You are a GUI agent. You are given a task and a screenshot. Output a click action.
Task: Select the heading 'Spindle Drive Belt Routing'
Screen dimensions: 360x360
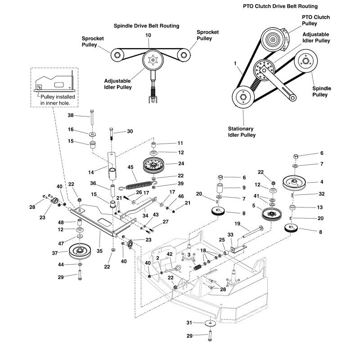147,26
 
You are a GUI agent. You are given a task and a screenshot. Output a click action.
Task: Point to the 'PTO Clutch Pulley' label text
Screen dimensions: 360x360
315,20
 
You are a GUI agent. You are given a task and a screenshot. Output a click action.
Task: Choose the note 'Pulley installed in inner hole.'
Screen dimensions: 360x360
58,100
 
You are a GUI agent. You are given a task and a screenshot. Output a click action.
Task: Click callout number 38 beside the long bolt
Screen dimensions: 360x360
71,115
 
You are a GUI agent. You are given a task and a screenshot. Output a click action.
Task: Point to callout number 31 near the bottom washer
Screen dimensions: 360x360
189,322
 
